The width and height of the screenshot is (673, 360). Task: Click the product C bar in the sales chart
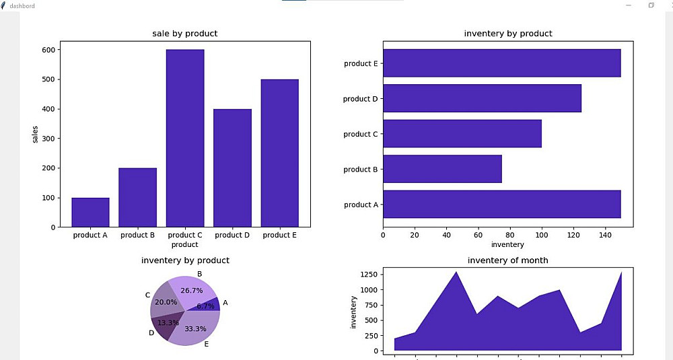click(185, 138)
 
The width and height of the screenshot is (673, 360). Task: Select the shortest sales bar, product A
click(90, 212)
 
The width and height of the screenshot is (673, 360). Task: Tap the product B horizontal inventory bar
click(442, 169)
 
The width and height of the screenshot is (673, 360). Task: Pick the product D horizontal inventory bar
click(482, 98)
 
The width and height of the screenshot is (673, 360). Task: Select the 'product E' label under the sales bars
click(280, 236)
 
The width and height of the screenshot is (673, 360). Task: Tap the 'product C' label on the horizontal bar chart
click(361, 134)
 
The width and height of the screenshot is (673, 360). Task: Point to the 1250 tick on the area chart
click(367, 274)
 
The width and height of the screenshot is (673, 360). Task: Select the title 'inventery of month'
click(508, 260)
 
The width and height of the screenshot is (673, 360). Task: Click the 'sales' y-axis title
click(36, 133)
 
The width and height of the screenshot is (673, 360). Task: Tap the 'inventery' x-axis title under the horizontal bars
click(508, 245)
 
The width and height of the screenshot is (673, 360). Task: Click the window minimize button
click(629, 5)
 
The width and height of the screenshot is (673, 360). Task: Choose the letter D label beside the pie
click(151, 332)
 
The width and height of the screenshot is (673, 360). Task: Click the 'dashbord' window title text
click(22, 5)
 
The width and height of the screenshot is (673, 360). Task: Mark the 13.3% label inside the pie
click(167, 322)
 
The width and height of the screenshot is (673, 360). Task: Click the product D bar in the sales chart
click(232, 168)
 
